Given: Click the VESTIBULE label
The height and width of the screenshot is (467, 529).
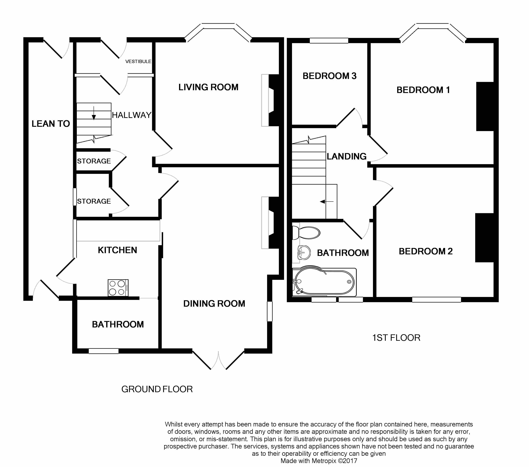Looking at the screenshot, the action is point(138,61).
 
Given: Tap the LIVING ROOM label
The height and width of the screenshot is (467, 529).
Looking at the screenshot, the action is point(208,87).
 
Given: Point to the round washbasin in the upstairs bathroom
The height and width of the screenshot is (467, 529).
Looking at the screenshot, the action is point(304,252).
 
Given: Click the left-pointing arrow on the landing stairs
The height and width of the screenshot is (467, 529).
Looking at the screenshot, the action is point(327,202).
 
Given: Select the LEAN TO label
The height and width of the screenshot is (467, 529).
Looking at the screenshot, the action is point(51,124).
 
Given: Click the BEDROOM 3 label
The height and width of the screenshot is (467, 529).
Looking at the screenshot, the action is point(330,76).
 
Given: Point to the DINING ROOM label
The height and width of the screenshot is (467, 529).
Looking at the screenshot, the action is point(214,304).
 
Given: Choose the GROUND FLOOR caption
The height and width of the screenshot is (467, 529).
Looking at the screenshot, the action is point(157,389).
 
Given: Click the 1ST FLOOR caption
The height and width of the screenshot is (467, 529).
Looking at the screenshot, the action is point(396,338).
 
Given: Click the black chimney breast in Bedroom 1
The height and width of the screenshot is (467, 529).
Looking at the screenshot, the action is point(485,106).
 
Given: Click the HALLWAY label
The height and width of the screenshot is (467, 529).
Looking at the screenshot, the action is point(131,115).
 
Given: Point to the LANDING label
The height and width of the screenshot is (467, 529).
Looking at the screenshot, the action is point(346,156).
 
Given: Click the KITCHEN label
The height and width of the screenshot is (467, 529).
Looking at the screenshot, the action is point(117,250).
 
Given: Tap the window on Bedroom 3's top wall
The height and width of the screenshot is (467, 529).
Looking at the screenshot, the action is point(329,40).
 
